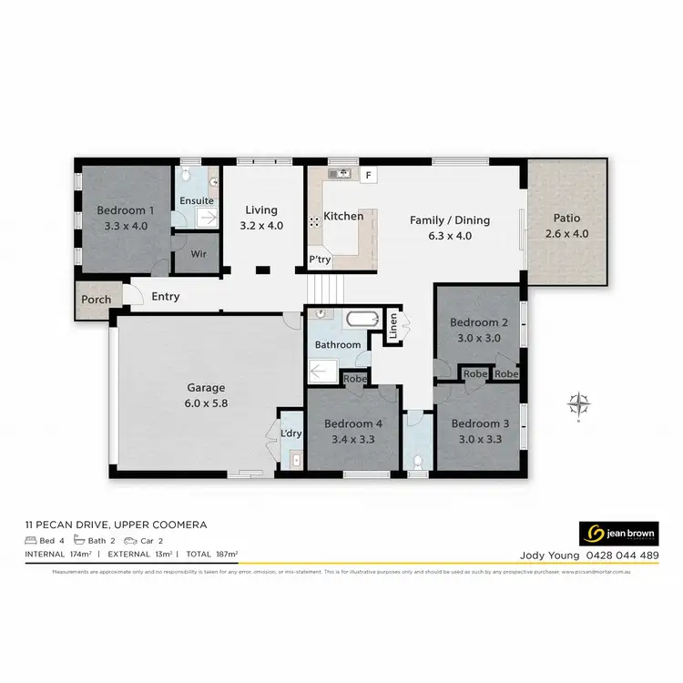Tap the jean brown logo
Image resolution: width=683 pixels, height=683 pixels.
618,532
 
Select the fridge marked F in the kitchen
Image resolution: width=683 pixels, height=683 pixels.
369,174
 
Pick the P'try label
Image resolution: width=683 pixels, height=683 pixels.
319,260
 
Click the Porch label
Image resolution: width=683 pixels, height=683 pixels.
97,300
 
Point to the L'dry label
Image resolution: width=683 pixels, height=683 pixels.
291,433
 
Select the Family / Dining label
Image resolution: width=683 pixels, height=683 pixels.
450,219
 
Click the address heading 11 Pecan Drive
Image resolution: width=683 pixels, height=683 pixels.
116,525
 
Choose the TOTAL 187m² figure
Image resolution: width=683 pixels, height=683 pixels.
212,554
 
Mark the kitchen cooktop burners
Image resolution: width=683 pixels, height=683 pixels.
314,219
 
